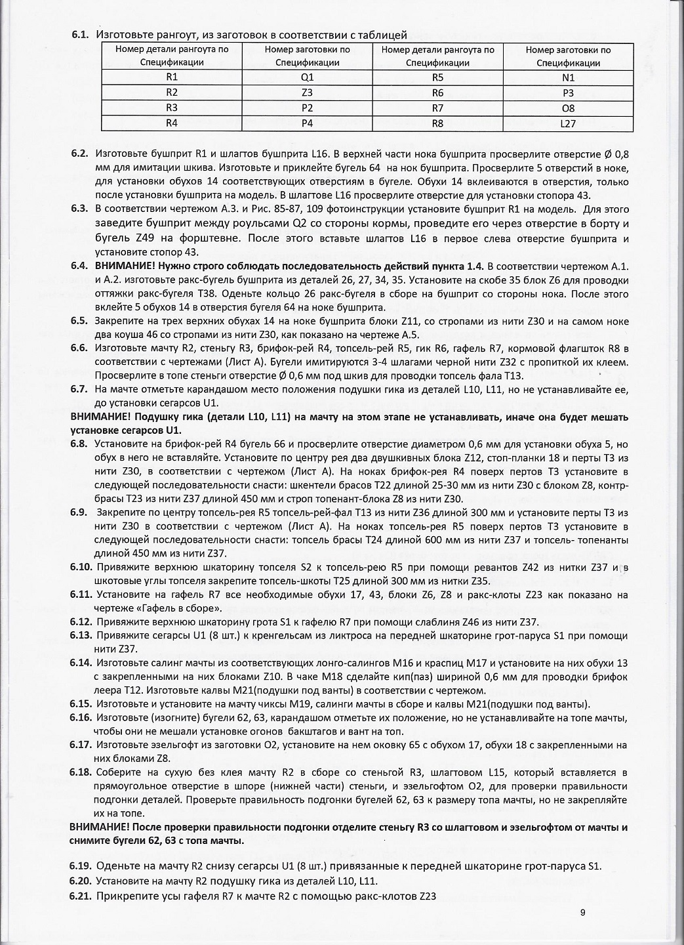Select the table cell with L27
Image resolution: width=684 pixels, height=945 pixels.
coord(568,123)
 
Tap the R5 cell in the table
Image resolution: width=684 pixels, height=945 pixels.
coord(437,77)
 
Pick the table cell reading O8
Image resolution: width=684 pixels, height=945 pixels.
coord(568,108)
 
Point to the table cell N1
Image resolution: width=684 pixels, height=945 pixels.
coord(568,77)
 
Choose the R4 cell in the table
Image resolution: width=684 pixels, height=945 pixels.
coord(172,123)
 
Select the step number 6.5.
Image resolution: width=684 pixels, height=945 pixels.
coord(81,322)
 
